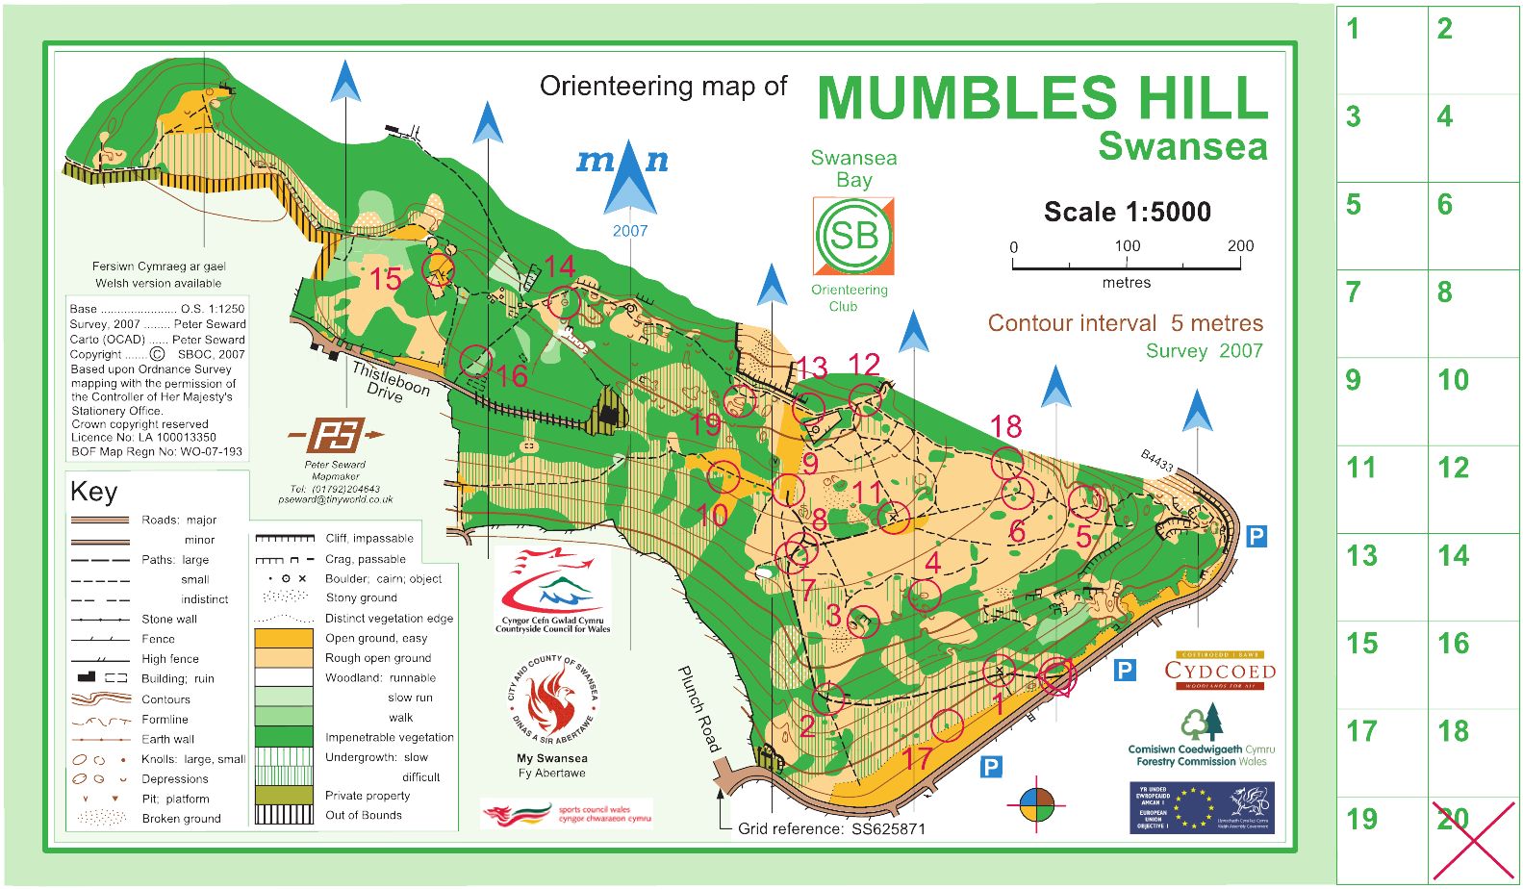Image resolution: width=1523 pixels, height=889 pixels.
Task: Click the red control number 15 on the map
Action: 385,279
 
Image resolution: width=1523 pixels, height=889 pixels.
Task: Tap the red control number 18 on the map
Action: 1005,426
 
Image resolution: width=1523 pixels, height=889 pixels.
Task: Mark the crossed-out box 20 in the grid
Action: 1473,839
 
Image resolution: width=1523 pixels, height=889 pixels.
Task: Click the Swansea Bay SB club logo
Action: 853,236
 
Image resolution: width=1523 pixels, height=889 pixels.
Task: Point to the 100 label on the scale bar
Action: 1127,245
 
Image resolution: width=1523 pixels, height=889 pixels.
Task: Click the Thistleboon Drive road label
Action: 390,382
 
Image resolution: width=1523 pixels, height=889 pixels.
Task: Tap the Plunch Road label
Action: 699,708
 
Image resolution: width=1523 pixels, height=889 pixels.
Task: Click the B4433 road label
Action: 1157,461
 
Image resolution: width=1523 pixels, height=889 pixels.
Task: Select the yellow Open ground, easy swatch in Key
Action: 284,638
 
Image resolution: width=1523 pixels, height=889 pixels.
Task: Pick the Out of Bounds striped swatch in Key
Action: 284,815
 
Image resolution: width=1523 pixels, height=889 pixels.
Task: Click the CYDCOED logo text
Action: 1220,671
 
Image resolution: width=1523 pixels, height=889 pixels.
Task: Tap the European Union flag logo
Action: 1193,807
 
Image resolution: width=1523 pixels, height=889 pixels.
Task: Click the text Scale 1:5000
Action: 1127,212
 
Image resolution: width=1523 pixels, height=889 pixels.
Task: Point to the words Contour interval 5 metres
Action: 1125,323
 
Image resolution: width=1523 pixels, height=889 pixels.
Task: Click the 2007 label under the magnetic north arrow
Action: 630,231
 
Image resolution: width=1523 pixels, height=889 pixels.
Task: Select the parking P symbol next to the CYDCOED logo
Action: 1125,671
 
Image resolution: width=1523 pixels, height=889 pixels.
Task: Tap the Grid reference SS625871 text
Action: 830,828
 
